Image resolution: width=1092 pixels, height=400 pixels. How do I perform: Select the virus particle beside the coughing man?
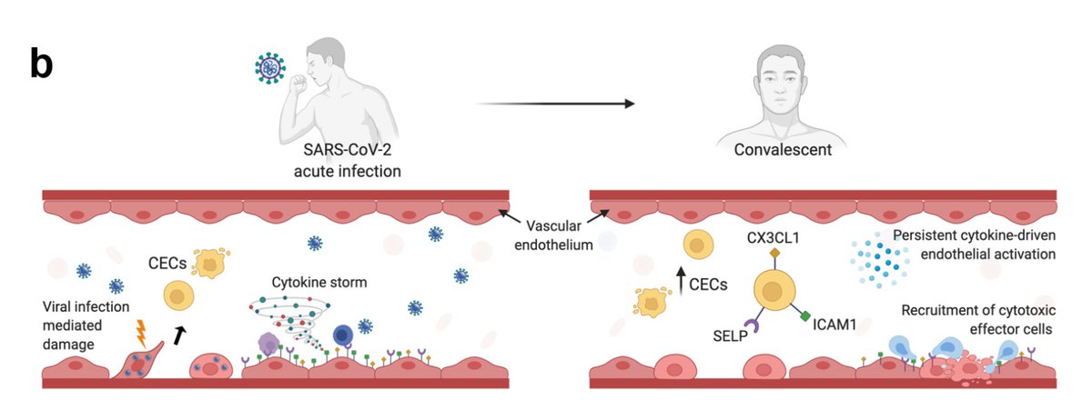pyautogui.click(x=269, y=68)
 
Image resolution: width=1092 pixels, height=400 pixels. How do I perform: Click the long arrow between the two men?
pyautogui.click(x=555, y=103)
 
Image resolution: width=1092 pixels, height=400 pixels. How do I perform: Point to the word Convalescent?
pyautogui.click(x=783, y=150)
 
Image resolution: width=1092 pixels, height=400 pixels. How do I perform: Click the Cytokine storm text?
pyautogui.click(x=318, y=282)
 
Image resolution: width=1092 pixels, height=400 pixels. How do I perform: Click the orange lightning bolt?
pyautogui.click(x=142, y=331)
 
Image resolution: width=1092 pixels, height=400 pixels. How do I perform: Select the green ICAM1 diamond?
pyautogui.click(x=804, y=317)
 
